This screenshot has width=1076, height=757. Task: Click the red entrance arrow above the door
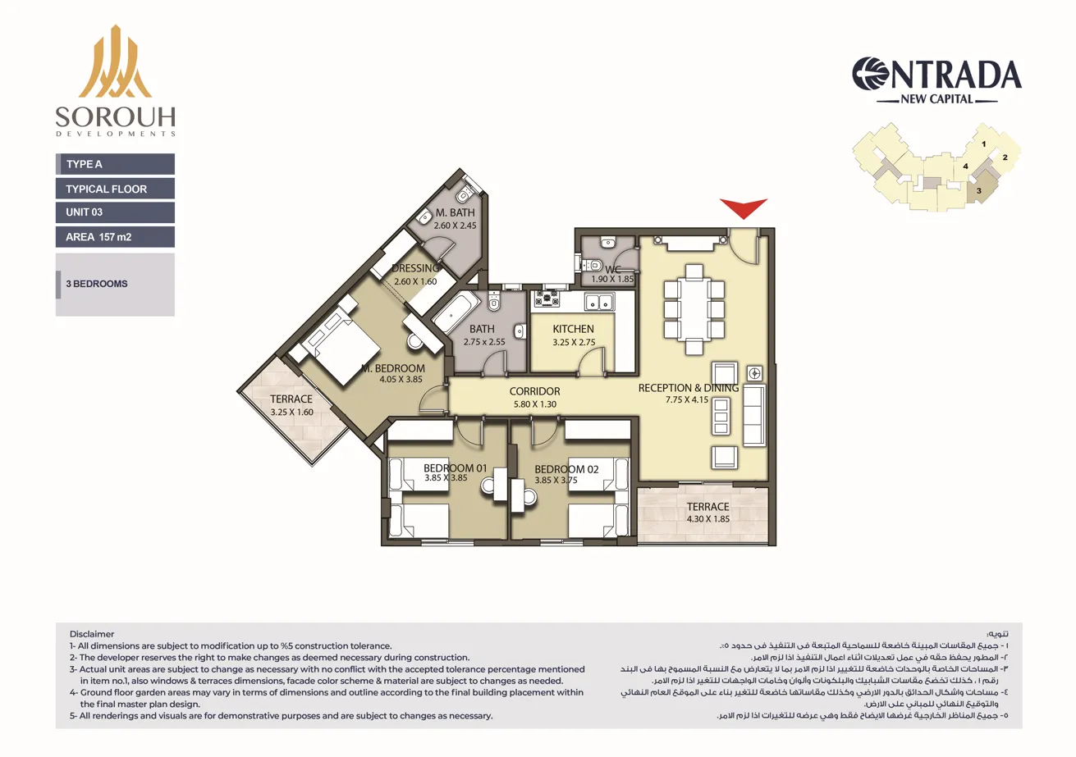(x=743, y=208)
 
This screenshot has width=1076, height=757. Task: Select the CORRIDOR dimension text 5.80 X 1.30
(x=533, y=404)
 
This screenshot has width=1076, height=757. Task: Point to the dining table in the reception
(x=694, y=310)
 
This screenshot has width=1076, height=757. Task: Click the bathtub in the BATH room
(x=456, y=312)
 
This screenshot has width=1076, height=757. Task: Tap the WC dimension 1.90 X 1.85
(x=612, y=280)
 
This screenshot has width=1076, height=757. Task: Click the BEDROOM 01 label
(x=456, y=468)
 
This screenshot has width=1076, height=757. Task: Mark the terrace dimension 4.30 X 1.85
(x=707, y=518)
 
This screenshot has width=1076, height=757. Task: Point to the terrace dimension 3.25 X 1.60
(x=291, y=412)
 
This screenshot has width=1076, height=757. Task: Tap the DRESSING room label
(x=416, y=268)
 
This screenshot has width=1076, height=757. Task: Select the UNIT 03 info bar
(x=115, y=212)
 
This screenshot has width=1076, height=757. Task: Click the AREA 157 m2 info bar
(x=115, y=237)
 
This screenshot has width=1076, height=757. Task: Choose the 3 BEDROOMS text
(x=97, y=284)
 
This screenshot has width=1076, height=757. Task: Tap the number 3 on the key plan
(x=978, y=189)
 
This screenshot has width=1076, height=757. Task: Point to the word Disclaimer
(x=93, y=634)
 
